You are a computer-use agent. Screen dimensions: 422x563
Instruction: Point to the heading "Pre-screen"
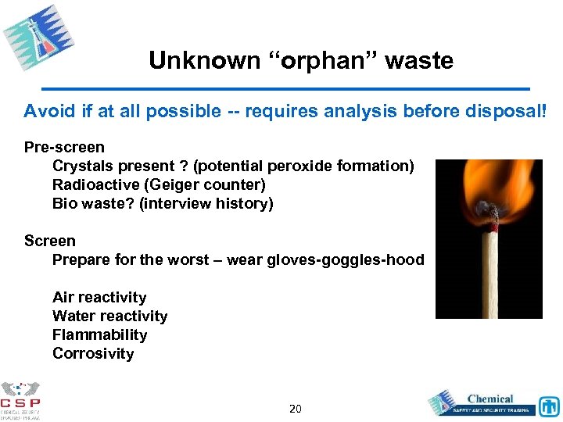point(64,147)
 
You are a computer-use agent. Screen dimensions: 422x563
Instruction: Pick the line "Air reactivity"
point(99,297)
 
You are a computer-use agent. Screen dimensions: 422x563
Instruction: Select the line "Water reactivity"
point(109,316)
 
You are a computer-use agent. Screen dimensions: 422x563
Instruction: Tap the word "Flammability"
point(99,334)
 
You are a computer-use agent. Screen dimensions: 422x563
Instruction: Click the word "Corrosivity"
point(93,353)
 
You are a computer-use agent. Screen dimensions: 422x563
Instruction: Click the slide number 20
point(295,408)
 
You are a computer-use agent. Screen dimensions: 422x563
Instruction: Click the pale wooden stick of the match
point(490,274)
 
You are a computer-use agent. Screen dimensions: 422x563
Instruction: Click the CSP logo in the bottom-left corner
point(21,399)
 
